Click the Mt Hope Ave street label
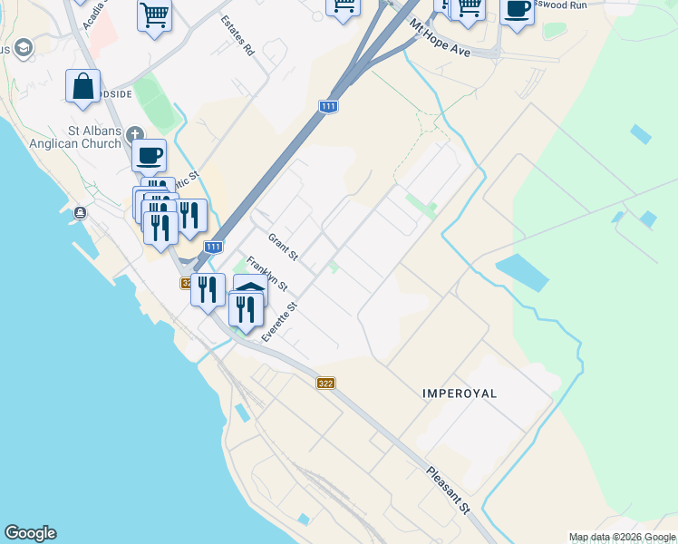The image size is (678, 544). [x=440, y=38]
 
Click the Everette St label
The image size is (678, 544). [x=280, y=323]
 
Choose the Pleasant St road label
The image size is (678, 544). [x=450, y=491]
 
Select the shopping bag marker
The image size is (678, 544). [x=82, y=87]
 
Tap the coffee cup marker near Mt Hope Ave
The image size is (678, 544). [x=517, y=11]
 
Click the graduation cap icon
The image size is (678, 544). [x=24, y=47]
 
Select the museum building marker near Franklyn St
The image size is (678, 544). [x=250, y=287]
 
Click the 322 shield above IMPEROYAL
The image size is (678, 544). [x=325, y=384]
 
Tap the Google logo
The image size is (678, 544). [x=30, y=533]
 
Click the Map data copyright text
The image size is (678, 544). [x=623, y=537]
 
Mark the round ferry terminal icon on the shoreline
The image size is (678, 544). [x=81, y=213]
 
